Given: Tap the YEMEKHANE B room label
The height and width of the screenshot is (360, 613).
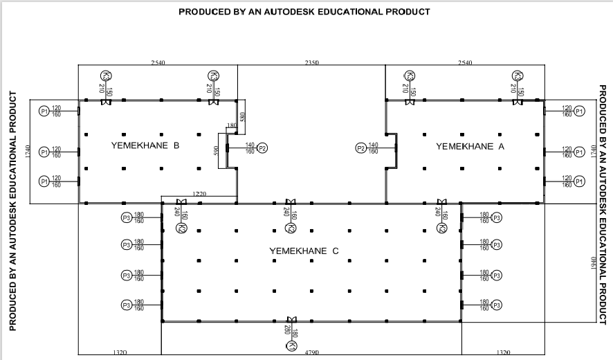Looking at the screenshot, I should coord(145,146).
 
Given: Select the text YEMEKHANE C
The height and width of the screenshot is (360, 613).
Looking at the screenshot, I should coord(304,251).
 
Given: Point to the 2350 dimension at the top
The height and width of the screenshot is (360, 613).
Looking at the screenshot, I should coord(311,63).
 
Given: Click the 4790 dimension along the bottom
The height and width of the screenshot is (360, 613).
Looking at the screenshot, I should coord(311,353).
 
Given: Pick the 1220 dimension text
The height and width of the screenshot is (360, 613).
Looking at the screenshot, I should coord(199,193).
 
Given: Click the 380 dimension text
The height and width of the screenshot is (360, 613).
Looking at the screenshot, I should coord(242,117).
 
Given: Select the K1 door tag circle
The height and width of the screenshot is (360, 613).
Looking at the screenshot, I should coord(293,345).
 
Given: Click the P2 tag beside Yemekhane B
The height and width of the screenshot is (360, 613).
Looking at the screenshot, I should coord(262,147).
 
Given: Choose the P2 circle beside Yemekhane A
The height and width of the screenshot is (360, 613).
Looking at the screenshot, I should coord(360,147).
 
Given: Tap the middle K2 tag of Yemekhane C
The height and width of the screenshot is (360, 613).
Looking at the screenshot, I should coord(291,228).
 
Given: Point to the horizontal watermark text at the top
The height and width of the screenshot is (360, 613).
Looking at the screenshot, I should coord(304,12).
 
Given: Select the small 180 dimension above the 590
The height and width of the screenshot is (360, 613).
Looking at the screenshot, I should coord(231,125).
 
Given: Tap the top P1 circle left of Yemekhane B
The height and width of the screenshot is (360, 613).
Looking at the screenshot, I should coord(43,111).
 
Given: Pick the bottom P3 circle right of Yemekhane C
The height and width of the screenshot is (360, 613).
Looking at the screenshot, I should coord(495,305).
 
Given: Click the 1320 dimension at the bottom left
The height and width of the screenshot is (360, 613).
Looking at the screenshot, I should coord(119,353).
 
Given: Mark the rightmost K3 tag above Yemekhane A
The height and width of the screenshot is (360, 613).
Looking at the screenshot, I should coord(516,76).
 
